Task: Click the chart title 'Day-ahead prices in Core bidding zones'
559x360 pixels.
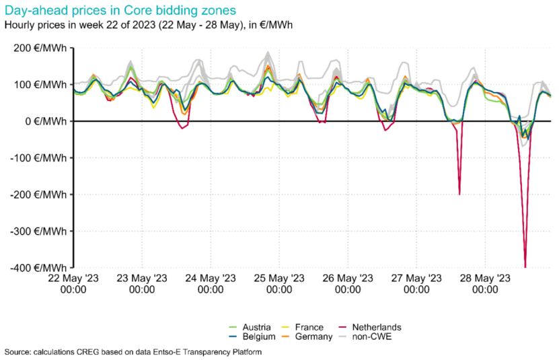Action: pos(119,11)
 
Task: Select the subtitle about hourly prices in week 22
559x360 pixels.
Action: pos(148,26)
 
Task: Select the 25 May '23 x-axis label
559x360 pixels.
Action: pos(278,283)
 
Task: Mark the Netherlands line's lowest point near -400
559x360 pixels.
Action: pos(525,267)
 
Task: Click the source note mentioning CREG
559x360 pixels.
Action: pos(133,352)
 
